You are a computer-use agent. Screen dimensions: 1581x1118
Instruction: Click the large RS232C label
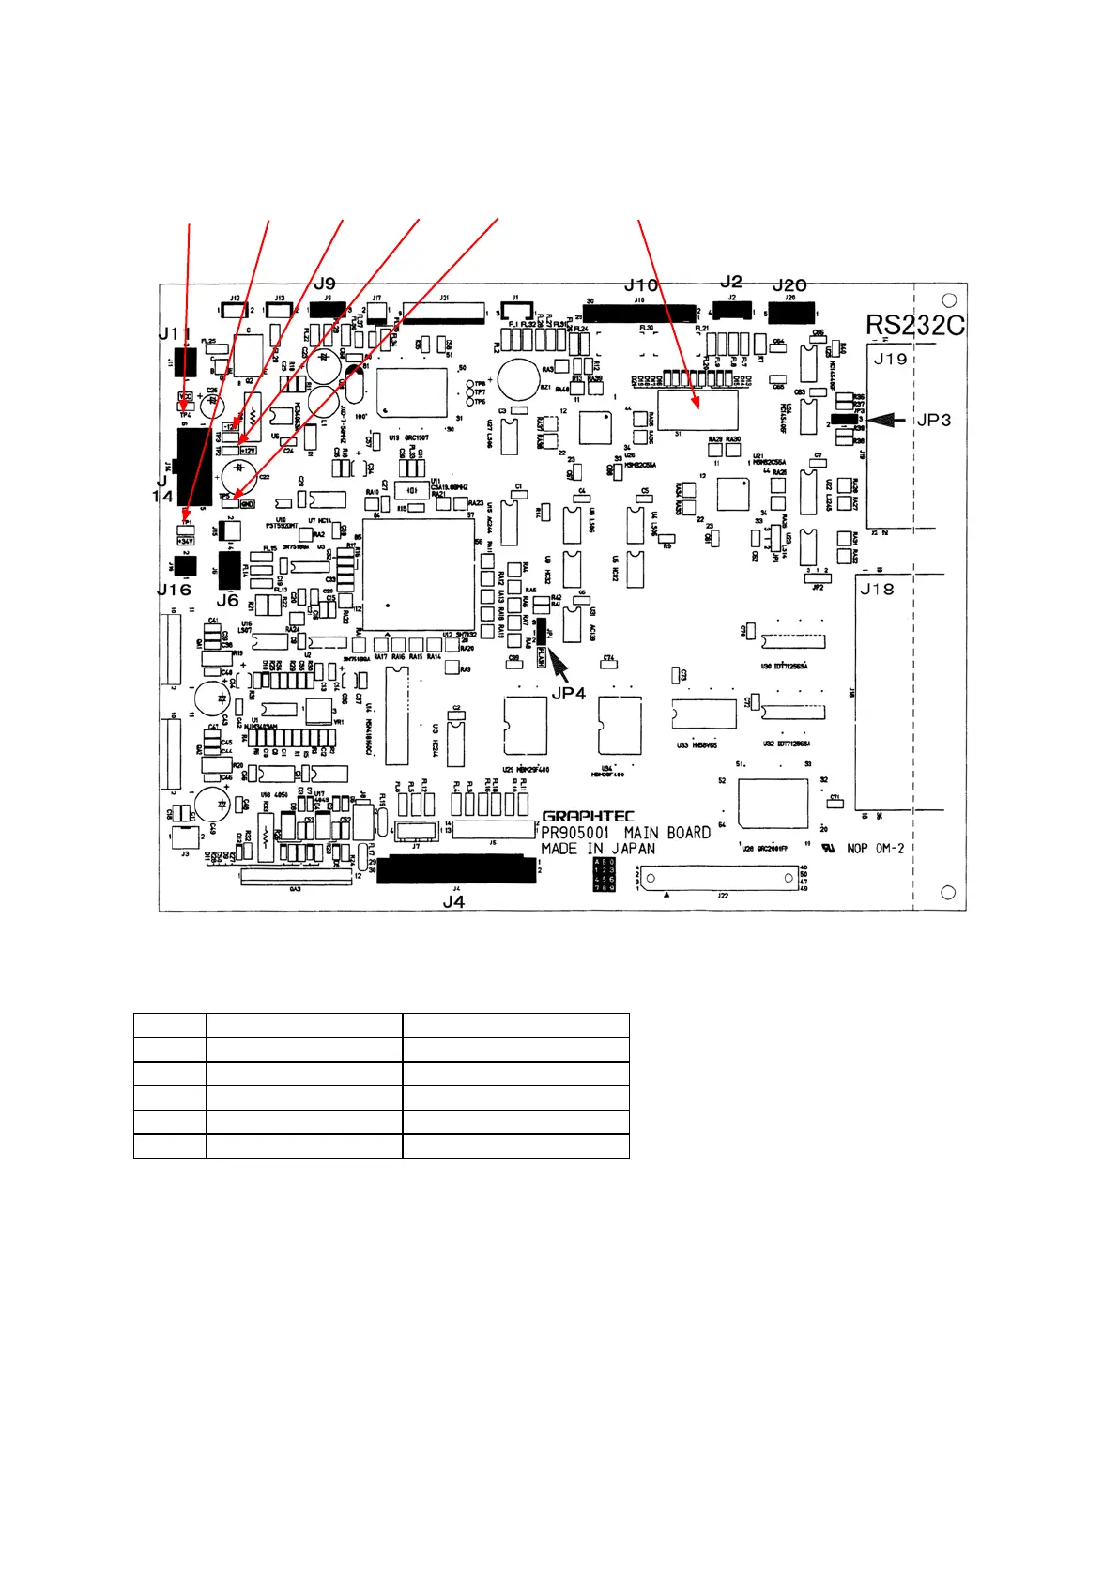pos(914,325)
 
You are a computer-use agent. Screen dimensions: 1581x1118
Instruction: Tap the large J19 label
pos(890,359)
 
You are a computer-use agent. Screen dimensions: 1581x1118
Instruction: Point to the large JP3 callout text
pos(933,420)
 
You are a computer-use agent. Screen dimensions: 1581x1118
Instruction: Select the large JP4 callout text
pos(569,693)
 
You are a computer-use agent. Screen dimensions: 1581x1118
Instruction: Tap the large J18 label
pos(877,589)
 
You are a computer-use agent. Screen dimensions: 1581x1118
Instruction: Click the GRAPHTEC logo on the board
pos(588,816)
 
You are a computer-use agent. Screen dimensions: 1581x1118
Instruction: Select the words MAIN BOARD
pos(667,833)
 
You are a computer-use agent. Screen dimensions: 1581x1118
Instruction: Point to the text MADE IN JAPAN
pos(598,849)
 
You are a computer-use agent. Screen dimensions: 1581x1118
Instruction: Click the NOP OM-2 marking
pos(875,849)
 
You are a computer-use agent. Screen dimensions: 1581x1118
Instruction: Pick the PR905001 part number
pos(575,833)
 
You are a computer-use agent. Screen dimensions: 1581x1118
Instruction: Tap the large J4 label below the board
pos(453,901)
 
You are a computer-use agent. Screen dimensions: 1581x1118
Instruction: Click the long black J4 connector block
pos(456,868)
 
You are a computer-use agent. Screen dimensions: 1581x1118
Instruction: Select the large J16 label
pos(174,590)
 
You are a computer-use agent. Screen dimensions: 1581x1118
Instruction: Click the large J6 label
pos(228,600)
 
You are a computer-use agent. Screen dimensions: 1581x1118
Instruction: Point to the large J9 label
pos(325,284)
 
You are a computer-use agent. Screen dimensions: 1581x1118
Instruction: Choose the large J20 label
pos(789,284)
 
